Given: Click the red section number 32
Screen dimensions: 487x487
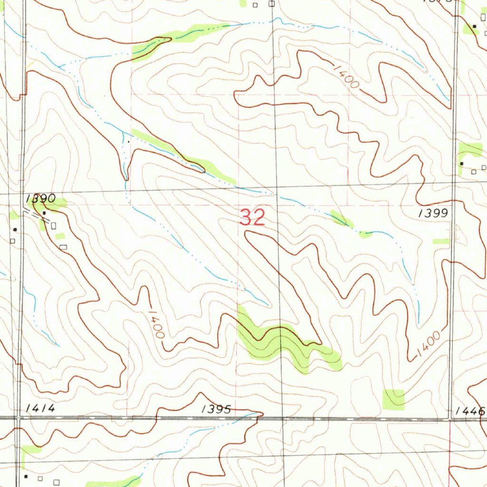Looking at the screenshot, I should point(252,218).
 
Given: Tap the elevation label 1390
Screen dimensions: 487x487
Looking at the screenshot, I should point(41,198).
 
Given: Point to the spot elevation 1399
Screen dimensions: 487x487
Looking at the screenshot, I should point(433,214).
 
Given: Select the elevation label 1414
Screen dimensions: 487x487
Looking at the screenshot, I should point(41,408).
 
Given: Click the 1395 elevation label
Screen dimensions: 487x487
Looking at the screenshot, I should point(216,409).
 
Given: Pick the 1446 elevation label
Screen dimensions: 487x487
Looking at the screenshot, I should point(469,411).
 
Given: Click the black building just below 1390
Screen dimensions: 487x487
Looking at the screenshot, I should point(44,213).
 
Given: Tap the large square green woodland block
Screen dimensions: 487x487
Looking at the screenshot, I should point(394,399).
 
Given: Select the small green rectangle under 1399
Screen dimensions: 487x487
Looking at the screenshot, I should point(441,242).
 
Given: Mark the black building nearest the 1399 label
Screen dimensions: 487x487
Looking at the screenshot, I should point(462,164).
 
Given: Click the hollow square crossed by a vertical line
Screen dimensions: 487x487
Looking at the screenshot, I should point(271,4).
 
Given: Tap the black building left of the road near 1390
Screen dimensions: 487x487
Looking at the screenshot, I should point(15,230).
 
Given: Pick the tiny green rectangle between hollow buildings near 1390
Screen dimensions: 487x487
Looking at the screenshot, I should point(59,236).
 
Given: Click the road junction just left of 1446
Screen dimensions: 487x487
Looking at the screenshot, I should point(451,419).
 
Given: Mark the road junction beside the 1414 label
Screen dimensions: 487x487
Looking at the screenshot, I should point(17,419).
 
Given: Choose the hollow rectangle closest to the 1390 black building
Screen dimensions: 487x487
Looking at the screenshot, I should point(53,224).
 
